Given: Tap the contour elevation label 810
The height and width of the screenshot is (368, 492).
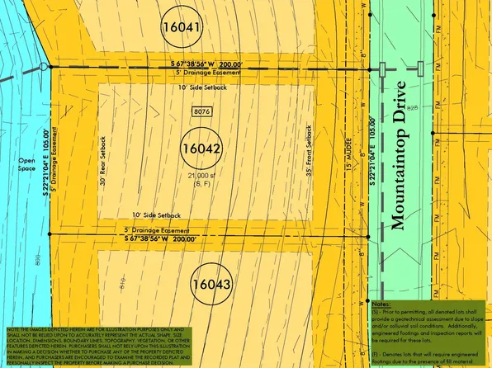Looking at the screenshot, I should [x=121, y=281].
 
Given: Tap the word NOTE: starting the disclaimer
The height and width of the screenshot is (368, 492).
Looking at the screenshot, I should [x=13, y=328].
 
